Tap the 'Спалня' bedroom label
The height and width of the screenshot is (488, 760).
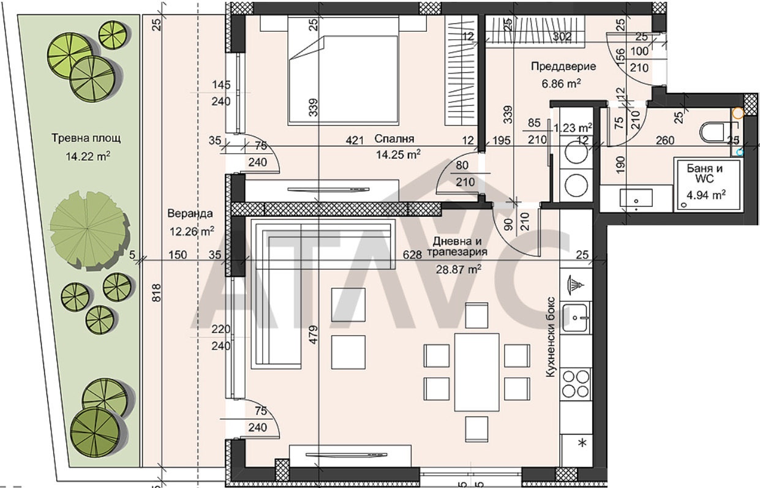pyautogui.click(x=394, y=139)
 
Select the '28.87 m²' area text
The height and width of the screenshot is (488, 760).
pyautogui.click(x=458, y=269)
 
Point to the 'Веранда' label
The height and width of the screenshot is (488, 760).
pyautogui.click(x=190, y=213)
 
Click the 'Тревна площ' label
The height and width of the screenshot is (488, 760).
pyautogui.click(x=86, y=138)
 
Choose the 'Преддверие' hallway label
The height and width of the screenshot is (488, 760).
pyautogui.click(x=563, y=66)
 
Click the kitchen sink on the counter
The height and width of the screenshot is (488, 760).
pyautogui.click(x=576, y=318)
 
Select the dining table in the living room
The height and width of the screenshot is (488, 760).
pyautogui.click(x=476, y=372)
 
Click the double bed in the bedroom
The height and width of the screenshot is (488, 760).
pyautogui.click(x=343, y=71)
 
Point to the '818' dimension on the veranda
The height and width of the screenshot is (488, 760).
pyautogui.click(x=157, y=293)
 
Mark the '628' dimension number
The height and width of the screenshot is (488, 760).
pyautogui.click(x=412, y=254)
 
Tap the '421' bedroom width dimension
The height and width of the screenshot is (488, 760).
pyautogui.click(x=355, y=140)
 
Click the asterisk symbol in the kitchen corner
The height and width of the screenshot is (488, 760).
pyautogui.click(x=582, y=443)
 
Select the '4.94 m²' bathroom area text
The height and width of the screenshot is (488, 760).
pyautogui.click(x=706, y=195)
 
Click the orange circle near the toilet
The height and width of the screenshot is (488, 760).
pyautogui.click(x=738, y=113)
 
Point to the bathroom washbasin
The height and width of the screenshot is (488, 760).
pyautogui.click(x=636, y=198)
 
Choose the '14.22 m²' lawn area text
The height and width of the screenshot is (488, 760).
pyautogui.click(x=88, y=156)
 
